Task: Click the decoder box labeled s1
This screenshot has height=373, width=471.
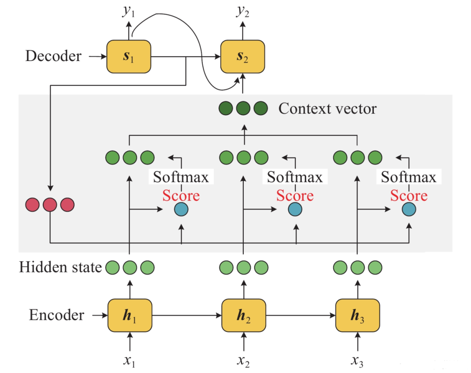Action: click(129, 57)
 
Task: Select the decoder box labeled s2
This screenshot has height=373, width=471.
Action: click(243, 57)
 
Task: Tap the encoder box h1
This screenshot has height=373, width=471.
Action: click(130, 315)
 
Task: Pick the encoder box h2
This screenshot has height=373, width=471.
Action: click(244, 315)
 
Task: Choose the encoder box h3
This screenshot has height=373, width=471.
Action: click(358, 315)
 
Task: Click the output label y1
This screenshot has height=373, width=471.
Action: click(129, 11)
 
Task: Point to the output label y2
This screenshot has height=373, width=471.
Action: click(243, 11)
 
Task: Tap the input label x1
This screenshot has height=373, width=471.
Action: click(130, 361)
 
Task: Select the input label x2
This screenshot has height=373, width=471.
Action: click(243, 361)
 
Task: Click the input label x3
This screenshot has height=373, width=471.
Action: click(357, 361)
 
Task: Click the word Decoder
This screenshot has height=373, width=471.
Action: click(54, 56)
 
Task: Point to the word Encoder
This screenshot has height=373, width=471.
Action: click(56, 315)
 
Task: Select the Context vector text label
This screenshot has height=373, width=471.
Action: click(328, 109)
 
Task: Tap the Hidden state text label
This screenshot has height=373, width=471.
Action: click(60, 267)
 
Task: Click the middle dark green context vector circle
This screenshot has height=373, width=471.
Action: click(243, 109)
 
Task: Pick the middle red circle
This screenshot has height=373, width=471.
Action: click(50, 205)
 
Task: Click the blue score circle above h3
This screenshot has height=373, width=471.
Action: click(409, 209)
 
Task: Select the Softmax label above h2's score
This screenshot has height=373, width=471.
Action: click(295, 177)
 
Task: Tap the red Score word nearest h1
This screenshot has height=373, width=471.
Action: click(181, 196)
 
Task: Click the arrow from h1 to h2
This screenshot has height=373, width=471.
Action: click(187, 315)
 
